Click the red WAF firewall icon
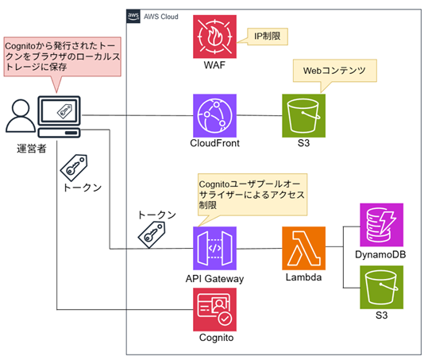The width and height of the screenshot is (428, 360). click(214, 37)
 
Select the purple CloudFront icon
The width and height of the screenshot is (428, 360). click(214, 115)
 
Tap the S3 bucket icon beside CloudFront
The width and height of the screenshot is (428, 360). click(303, 115)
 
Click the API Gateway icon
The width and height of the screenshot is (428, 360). click(214, 248)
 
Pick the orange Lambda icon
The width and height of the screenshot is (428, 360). click(303, 248)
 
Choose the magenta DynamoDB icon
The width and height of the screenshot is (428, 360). click(381, 225)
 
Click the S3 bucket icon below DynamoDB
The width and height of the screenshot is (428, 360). click(381, 287)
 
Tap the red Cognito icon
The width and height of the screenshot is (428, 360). click(214, 309)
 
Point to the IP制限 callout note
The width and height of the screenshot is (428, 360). click(268, 37)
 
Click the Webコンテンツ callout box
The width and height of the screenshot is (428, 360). click(334, 71)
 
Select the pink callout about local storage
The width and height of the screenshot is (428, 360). click(62, 56)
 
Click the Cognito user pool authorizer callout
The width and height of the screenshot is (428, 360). click(253, 195)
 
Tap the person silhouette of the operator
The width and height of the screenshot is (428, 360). click(21, 116)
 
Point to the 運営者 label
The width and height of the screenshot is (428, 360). click(32, 149)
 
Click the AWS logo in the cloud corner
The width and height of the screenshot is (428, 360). click(133, 16)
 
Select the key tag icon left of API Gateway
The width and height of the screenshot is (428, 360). click(152, 235)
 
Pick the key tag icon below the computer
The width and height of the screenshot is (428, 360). click(74, 168)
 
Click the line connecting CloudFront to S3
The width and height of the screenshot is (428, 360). click(260, 115)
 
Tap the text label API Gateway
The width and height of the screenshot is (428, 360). click(214, 279)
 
